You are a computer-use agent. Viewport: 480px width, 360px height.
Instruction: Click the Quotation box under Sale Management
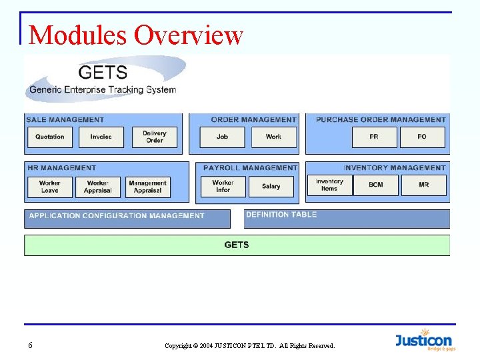point(50,137)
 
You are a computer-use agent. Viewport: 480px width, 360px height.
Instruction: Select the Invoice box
point(101,137)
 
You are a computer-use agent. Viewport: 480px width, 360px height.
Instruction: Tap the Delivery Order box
point(154,137)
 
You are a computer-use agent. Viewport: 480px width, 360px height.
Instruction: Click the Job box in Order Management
point(222,137)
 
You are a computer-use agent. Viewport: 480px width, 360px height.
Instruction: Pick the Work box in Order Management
point(273,137)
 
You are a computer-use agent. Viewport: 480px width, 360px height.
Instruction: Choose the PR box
point(374,137)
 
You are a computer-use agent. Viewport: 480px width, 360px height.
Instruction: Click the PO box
point(422,137)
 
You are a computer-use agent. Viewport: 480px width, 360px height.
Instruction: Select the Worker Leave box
point(49,187)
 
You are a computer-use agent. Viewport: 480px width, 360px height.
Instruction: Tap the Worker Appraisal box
point(97,187)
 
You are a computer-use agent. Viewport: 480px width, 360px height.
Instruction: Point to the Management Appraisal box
point(147,187)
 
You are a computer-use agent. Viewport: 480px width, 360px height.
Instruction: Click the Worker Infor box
point(223,186)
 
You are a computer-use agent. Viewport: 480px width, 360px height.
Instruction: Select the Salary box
point(271,186)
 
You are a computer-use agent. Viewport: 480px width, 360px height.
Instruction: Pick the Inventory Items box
point(329,185)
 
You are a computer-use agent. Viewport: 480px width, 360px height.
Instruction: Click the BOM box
point(376,185)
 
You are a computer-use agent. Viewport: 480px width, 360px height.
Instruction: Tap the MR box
point(424,185)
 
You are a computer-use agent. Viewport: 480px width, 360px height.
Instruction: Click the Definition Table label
point(281,215)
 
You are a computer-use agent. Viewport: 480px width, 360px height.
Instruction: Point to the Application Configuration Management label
point(117,216)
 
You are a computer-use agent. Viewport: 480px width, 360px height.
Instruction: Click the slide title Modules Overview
point(136,35)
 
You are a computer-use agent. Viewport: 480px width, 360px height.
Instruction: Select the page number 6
point(31,345)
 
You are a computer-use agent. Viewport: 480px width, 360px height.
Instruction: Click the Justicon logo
point(423,340)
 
